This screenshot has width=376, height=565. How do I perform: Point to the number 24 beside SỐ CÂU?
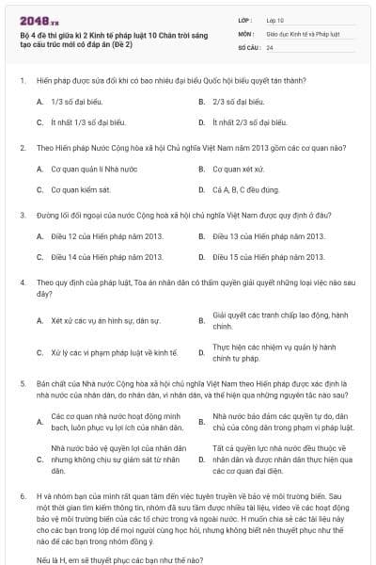coord(270,46)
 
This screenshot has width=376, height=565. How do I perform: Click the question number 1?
coord(22,82)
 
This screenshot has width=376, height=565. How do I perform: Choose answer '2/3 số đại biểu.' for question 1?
coord(234,102)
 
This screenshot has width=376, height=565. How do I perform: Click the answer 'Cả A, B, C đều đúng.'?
coord(246,189)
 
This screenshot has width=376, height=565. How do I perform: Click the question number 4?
coord(22,282)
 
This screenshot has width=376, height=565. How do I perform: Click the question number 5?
coord(22,383)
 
